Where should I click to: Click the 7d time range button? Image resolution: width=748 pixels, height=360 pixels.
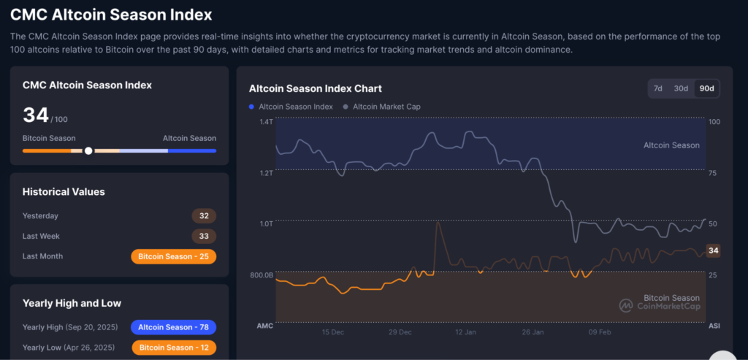tap(658, 88)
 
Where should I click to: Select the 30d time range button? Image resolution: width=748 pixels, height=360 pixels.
tap(681, 88)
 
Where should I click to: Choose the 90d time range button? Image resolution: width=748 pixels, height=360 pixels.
tap(706, 88)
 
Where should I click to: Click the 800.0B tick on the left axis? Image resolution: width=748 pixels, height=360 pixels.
tap(261, 275)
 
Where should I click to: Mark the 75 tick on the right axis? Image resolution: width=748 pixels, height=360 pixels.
tap(714, 173)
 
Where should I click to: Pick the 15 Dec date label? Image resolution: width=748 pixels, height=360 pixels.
tap(333, 332)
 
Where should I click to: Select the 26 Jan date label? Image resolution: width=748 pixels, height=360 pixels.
tap(533, 332)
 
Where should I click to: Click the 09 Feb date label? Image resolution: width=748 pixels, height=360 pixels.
tap(600, 332)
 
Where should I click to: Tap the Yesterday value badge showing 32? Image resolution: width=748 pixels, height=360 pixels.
tap(204, 216)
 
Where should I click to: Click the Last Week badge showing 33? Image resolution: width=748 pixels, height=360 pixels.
tap(204, 237)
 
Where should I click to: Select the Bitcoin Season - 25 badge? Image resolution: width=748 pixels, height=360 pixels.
tap(173, 256)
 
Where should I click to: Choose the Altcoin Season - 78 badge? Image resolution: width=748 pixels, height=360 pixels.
tap(173, 327)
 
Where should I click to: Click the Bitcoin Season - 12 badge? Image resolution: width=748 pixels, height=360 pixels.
tap(173, 347)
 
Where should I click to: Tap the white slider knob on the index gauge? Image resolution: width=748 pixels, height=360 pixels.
tap(88, 150)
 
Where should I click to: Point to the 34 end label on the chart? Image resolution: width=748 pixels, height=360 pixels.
tap(714, 250)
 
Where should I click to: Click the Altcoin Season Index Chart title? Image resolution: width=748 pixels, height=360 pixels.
tap(315, 88)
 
